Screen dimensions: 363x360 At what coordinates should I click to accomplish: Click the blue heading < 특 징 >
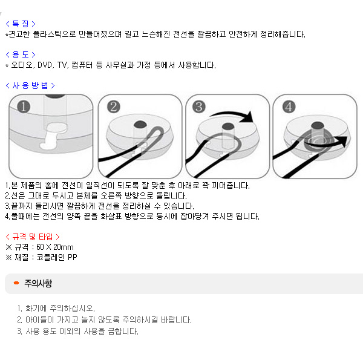[x=21, y=24]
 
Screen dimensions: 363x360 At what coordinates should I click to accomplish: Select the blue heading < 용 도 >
[x=21, y=54]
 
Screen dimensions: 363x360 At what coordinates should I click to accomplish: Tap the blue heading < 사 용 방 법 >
[x=30, y=85]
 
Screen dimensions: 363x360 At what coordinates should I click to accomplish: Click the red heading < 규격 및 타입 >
[x=33, y=237]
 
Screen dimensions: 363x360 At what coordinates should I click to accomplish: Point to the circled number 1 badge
[x=24, y=106]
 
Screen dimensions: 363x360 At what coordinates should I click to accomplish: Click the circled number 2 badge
[x=114, y=106]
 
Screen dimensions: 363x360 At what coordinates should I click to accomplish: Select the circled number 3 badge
[x=199, y=106]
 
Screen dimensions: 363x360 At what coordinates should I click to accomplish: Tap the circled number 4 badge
[x=289, y=106]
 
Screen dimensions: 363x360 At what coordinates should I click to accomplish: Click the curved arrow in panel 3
[x=232, y=113]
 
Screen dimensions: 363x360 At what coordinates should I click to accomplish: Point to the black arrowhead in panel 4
[x=342, y=140]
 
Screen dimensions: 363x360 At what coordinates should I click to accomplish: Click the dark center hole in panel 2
[x=140, y=124]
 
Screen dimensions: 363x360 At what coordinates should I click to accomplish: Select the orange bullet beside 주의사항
[x=16, y=283]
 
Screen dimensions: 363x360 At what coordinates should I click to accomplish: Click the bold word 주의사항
[x=38, y=283]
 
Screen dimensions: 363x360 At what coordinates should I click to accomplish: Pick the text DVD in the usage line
[x=45, y=65]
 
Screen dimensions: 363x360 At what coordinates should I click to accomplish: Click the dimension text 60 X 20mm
[x=55, y=247]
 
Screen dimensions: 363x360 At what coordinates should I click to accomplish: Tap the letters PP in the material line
[x=72, y=257]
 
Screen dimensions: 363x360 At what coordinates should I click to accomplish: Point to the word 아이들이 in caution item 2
[x=39, y=319]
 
